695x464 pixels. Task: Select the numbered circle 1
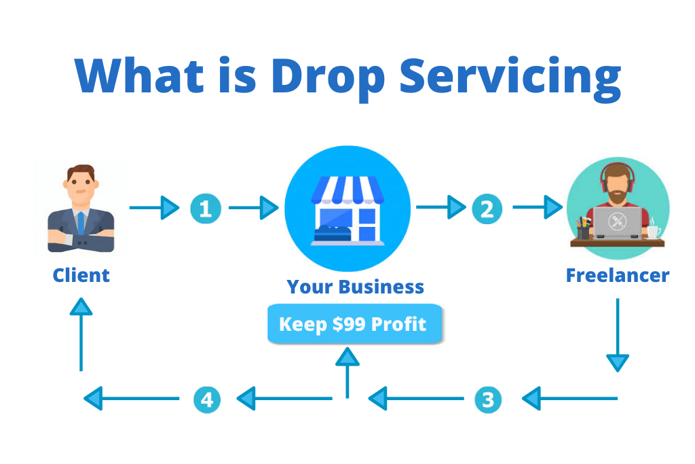tap(205, 208)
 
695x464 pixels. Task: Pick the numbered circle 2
tap(486, 208)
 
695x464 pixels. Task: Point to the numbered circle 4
tap(206, 399)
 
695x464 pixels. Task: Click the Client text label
tap(81, 275)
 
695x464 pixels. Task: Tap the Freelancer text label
tap(618, 275)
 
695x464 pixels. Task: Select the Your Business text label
tap(355, 287)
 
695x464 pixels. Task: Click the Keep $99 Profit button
tap(354, 324)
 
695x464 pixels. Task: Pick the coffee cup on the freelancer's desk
tap(653, 232)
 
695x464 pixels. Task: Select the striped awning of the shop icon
tap(347, 191)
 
